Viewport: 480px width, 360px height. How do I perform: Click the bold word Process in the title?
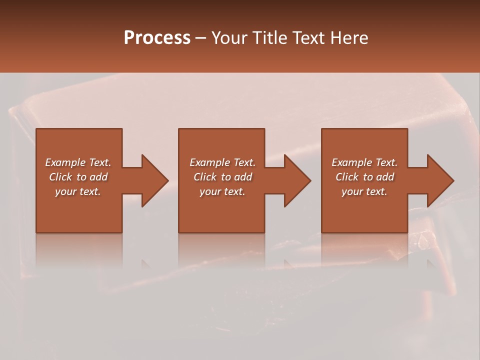click(x=157, y=38)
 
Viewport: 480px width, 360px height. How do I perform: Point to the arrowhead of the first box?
click(x=153, y=180)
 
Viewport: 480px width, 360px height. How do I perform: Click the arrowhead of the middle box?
click(x=296, y=180)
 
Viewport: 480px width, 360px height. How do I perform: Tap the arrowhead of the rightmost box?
click(x=439, y=180)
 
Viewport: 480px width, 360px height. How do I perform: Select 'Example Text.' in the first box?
click(x=78, y=162)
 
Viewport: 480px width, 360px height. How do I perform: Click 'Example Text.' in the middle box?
click(x=222, y=162)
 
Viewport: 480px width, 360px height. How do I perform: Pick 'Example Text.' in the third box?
click(x=364, y=162)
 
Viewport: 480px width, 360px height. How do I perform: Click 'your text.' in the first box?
click(x=78, y=191)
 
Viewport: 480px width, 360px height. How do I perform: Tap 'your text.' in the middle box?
click(x=222, y=191)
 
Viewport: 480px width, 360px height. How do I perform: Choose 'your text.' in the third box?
click(x=364, y=191)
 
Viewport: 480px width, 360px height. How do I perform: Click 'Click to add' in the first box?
click(x=78, y=177)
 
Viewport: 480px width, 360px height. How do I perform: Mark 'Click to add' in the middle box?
click(x=222, y=177)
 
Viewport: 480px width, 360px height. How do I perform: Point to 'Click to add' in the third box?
click(x=364, y=177)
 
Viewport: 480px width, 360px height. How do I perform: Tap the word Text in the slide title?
click(x=307, y=38)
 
